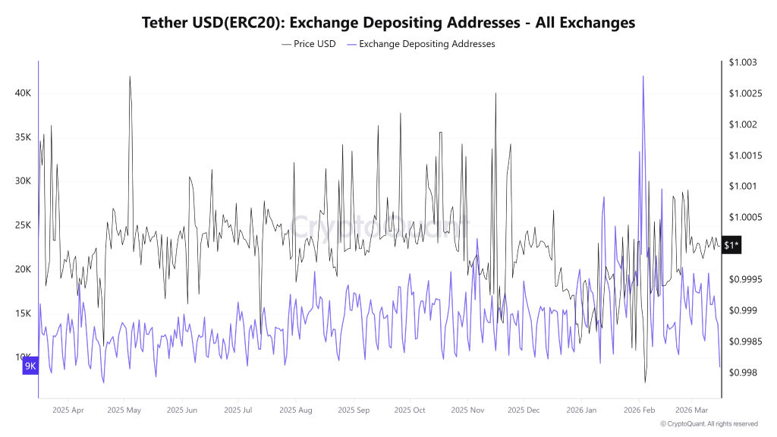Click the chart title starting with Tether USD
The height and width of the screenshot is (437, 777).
point(388,23)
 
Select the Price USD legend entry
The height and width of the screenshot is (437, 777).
point(309,44)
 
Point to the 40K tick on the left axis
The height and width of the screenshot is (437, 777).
point(23,93)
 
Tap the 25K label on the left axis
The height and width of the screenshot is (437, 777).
point(23,225)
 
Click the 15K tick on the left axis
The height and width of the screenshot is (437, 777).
point(23,313)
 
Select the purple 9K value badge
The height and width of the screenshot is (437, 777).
point(30,366)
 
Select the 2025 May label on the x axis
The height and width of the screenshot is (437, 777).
point(124,410)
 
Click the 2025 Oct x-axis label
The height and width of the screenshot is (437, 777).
point(409,410)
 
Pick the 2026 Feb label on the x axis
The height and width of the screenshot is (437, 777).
point(638,410)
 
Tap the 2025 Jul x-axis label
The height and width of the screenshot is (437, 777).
point(238,410)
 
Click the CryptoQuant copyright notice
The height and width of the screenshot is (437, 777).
point(709,424)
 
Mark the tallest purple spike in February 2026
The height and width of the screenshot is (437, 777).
point(643,77)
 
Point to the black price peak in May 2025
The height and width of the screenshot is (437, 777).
point(130,77)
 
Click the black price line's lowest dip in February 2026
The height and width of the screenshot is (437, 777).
point(646,382)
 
